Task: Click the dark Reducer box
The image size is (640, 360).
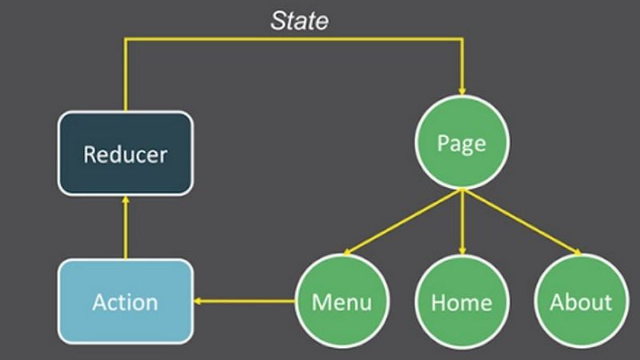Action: [126, 153]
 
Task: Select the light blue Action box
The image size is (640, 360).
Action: [126, 302]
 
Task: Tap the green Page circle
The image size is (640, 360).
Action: [462, 144]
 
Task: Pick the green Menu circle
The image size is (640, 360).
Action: [342, 302]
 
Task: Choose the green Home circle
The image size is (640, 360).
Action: [462, 302]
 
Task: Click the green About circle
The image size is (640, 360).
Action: [581, 302]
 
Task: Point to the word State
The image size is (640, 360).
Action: [299, 21]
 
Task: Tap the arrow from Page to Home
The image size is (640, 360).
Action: [462, 224]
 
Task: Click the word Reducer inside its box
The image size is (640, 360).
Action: [126, 153]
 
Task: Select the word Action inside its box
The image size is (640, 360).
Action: [126, 302]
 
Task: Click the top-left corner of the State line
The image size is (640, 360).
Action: [126, 38]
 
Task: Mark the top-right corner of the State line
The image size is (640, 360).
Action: [462, 38]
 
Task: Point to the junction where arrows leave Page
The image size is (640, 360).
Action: [462, 190]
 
